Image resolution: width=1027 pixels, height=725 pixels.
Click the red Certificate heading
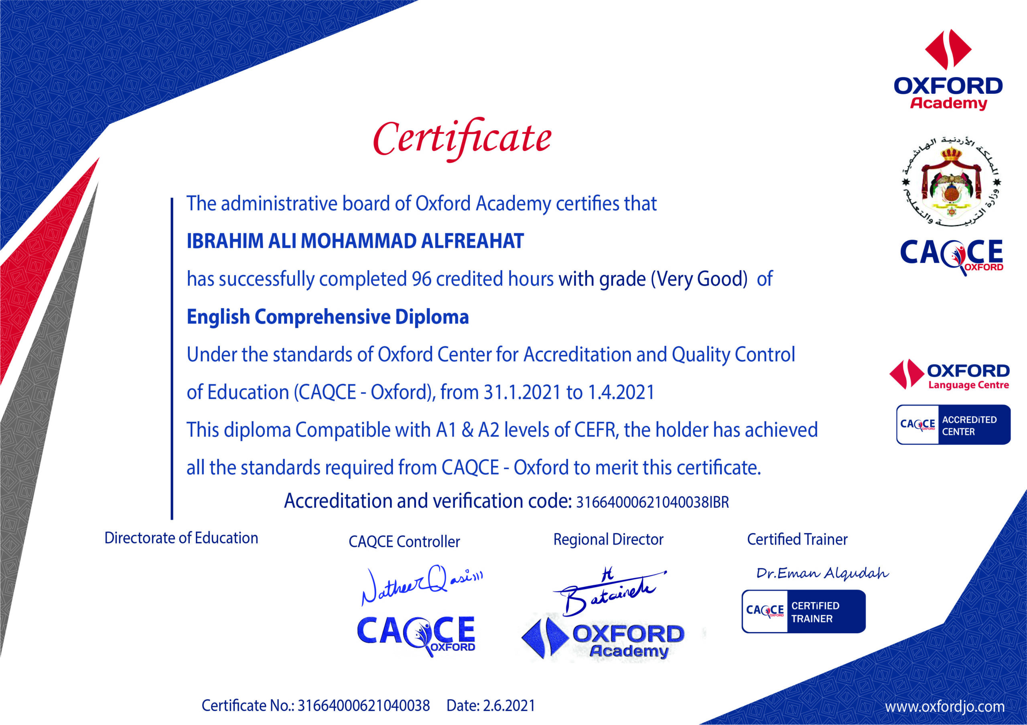point(462,139)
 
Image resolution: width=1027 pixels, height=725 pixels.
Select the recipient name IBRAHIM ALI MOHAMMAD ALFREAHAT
point(355,241)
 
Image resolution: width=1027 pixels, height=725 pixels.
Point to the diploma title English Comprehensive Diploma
point(327,317)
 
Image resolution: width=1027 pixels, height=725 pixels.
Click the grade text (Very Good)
point(699,279)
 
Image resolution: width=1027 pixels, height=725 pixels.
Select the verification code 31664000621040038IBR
point(652,502)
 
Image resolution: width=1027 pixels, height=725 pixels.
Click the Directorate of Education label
point(181,538)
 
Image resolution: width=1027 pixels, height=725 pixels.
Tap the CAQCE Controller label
point(404,542)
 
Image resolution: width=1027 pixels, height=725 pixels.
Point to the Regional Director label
point(608,539)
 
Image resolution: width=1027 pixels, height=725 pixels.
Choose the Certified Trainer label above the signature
point(797,539)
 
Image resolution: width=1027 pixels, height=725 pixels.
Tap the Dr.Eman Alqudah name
point(822,573)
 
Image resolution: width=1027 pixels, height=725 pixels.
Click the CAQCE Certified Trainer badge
point(804,612)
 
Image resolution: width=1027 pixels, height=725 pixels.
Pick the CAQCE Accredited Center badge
point(953,425)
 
